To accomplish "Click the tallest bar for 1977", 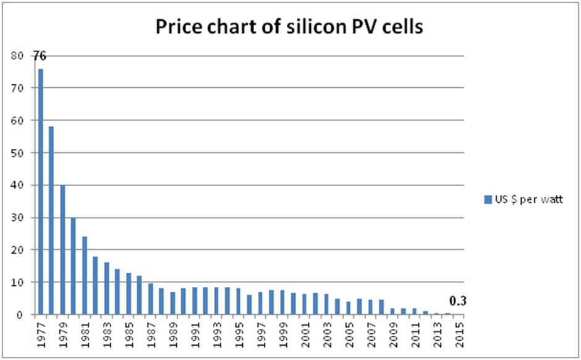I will coord(41,191).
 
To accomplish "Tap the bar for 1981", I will coord(85,275).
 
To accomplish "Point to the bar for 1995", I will coord(238,301).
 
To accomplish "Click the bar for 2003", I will coord(326,304).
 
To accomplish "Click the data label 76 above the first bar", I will coord(40,56).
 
